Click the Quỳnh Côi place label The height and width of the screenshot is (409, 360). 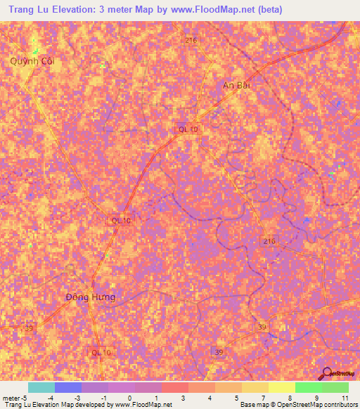(32, 61)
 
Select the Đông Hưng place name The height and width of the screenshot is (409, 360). (89, 297)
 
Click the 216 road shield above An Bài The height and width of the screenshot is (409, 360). (191, 41)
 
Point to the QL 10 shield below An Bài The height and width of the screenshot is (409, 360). (188, 129)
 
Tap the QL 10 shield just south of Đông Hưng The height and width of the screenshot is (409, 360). (101, 351)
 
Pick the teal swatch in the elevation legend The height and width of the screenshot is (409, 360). (41, 387)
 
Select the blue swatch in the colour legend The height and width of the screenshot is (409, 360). (68, 387)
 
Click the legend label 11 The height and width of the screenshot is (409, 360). (344, 398)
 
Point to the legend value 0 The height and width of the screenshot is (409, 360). (129, 398)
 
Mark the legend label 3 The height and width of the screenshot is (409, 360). (184, 398)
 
